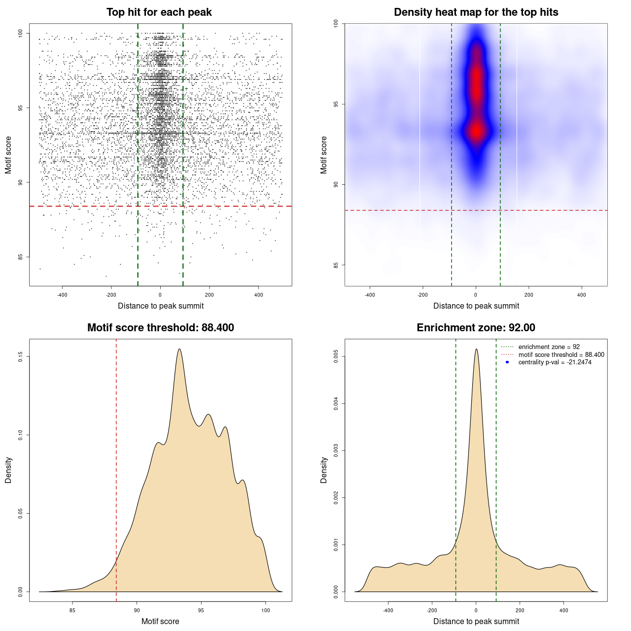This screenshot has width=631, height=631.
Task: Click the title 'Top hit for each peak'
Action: pyautogui.click(x=159, y=12)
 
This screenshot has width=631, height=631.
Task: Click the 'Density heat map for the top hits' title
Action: pyautogui.click(x=476, y=12)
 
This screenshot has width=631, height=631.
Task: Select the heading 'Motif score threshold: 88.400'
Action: pyautogui.click(x=160, y=328)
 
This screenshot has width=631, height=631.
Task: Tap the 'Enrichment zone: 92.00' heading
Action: pyautogui.click(x=476, y=328)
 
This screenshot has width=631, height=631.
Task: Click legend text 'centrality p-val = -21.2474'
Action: pyautogui.click(x=555, y=362)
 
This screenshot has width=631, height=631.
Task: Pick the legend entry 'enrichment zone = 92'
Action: pyautogui.click(x=549, y=347)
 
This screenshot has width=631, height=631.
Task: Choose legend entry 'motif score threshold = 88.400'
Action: pyautogui.click(x=561, y=355)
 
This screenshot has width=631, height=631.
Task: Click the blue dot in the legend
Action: pyautogui.click(x=507, y=362)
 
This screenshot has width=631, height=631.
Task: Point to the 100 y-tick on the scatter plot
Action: pyautogui.click(x=21, y=34)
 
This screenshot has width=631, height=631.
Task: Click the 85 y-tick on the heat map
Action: pyautogui.click(x=336, y=265)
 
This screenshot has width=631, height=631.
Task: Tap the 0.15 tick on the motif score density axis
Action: pyautogui.click(x=21, y=356)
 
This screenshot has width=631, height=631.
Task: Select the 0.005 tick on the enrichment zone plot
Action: pyautogui.click(x=336, y=356)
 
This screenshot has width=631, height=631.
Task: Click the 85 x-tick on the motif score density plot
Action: pyautogui.click(x=72, y=610)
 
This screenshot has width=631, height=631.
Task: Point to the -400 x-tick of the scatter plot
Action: pyautogui.click(x=62, y=295)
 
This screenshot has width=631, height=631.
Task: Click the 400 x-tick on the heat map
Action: pyautogui.click(x=582, y=295)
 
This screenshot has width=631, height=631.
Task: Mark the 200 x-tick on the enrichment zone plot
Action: pyautogui.click(x=520, y=610)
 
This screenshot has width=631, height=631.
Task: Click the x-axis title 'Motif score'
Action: pyautogui.click(x=160, y=621)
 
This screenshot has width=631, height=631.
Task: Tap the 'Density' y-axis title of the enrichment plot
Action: pyautogui.click(x=324, y=470)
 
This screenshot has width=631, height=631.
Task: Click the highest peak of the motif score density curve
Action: pyautogui.click(x=179, y=349)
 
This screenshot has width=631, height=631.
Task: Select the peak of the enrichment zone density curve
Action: pyautogui.click(x=476, y=349)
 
